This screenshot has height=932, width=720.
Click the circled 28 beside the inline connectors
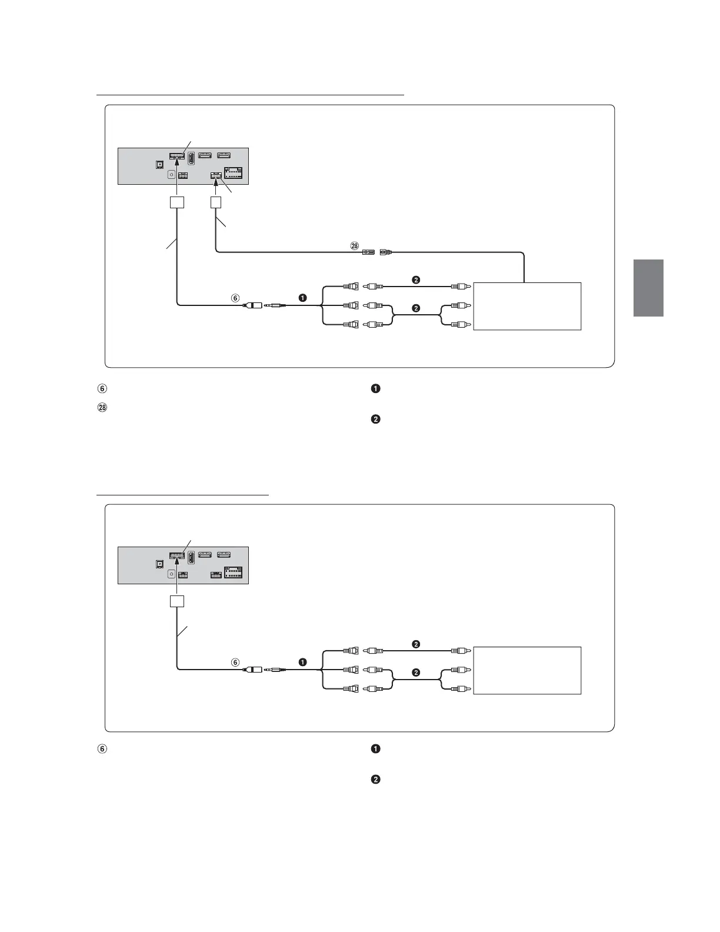(x=354, y=247)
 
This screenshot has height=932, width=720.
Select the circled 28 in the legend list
(x=102, y=407)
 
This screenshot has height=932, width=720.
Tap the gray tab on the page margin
(x=648, y=288)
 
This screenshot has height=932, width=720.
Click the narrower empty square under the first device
(x=216, y=202)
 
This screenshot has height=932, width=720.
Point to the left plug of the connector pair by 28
(x=368, y=252)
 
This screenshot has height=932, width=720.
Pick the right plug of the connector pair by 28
(x=386, y=252)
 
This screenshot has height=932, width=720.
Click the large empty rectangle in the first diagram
(x=527, y=306)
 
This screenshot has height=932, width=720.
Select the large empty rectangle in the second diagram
(x=527, y=670)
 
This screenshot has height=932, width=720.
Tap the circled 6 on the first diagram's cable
(x=235, y=298)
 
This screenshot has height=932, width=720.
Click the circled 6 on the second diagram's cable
(x=235, y=663)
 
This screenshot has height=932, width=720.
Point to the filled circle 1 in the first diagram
(x=302, y=298)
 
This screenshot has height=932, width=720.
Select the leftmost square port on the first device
(x=159, y=165)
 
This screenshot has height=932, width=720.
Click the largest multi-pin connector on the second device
(x=233, y=573)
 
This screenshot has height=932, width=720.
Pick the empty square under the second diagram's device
(x=177, y=601)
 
